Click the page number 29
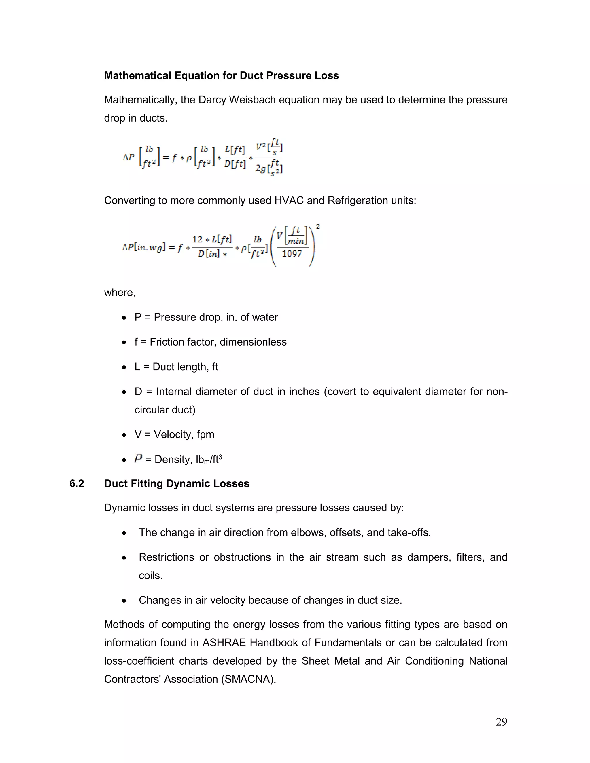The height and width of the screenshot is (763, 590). pyautogui.click(x=501, y=722)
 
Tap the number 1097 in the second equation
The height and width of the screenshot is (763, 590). pyautogui.click(x=292, y=254)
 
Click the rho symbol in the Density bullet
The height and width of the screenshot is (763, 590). pyautogui.click(x=138, y=458)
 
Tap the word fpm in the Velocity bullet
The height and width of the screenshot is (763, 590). pyautogui.click(x=205, y=434)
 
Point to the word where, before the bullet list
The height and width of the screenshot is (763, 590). pyautogui.click(x=120, y=293)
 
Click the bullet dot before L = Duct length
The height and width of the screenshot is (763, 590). pyautogui.click(x=124, y=367)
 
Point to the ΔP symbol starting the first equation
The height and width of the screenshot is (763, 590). pyautogui.click(x=128, y=157)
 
